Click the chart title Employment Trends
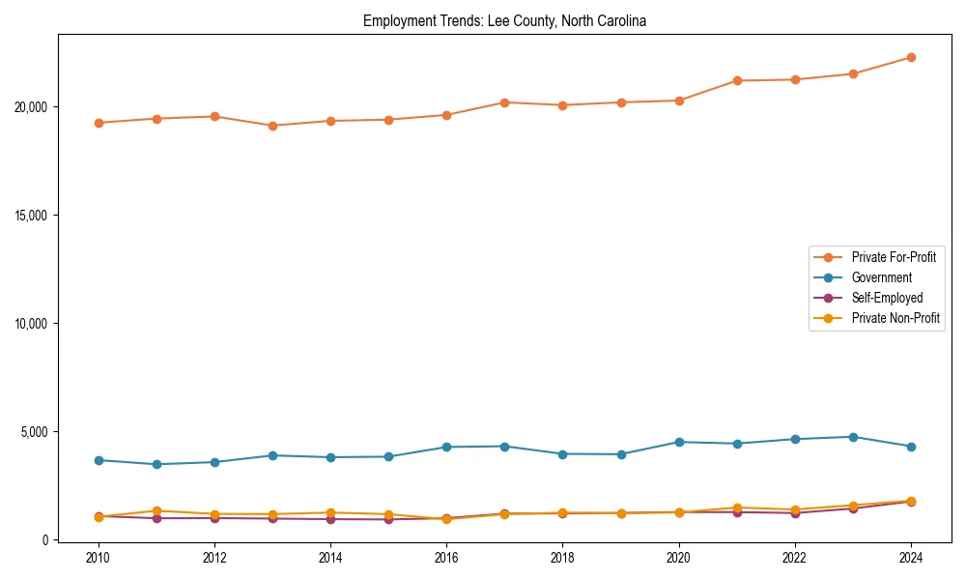coord(504,20)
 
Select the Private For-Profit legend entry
coord(894,257)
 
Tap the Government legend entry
coord(881,277)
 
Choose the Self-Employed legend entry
coord(887,298)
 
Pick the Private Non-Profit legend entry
coord(895,318)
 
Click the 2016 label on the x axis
coord(446,558)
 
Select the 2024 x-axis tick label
coord(911,558)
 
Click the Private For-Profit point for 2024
coord(911,57)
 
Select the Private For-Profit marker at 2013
coord(272,126)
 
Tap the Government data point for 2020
coord(679,442)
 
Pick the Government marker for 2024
coord(911,447)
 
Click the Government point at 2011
coord(156,464)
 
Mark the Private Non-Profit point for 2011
coord(156,510)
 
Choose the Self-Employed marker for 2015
coord(388,519)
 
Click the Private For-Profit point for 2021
coord(737,80)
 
